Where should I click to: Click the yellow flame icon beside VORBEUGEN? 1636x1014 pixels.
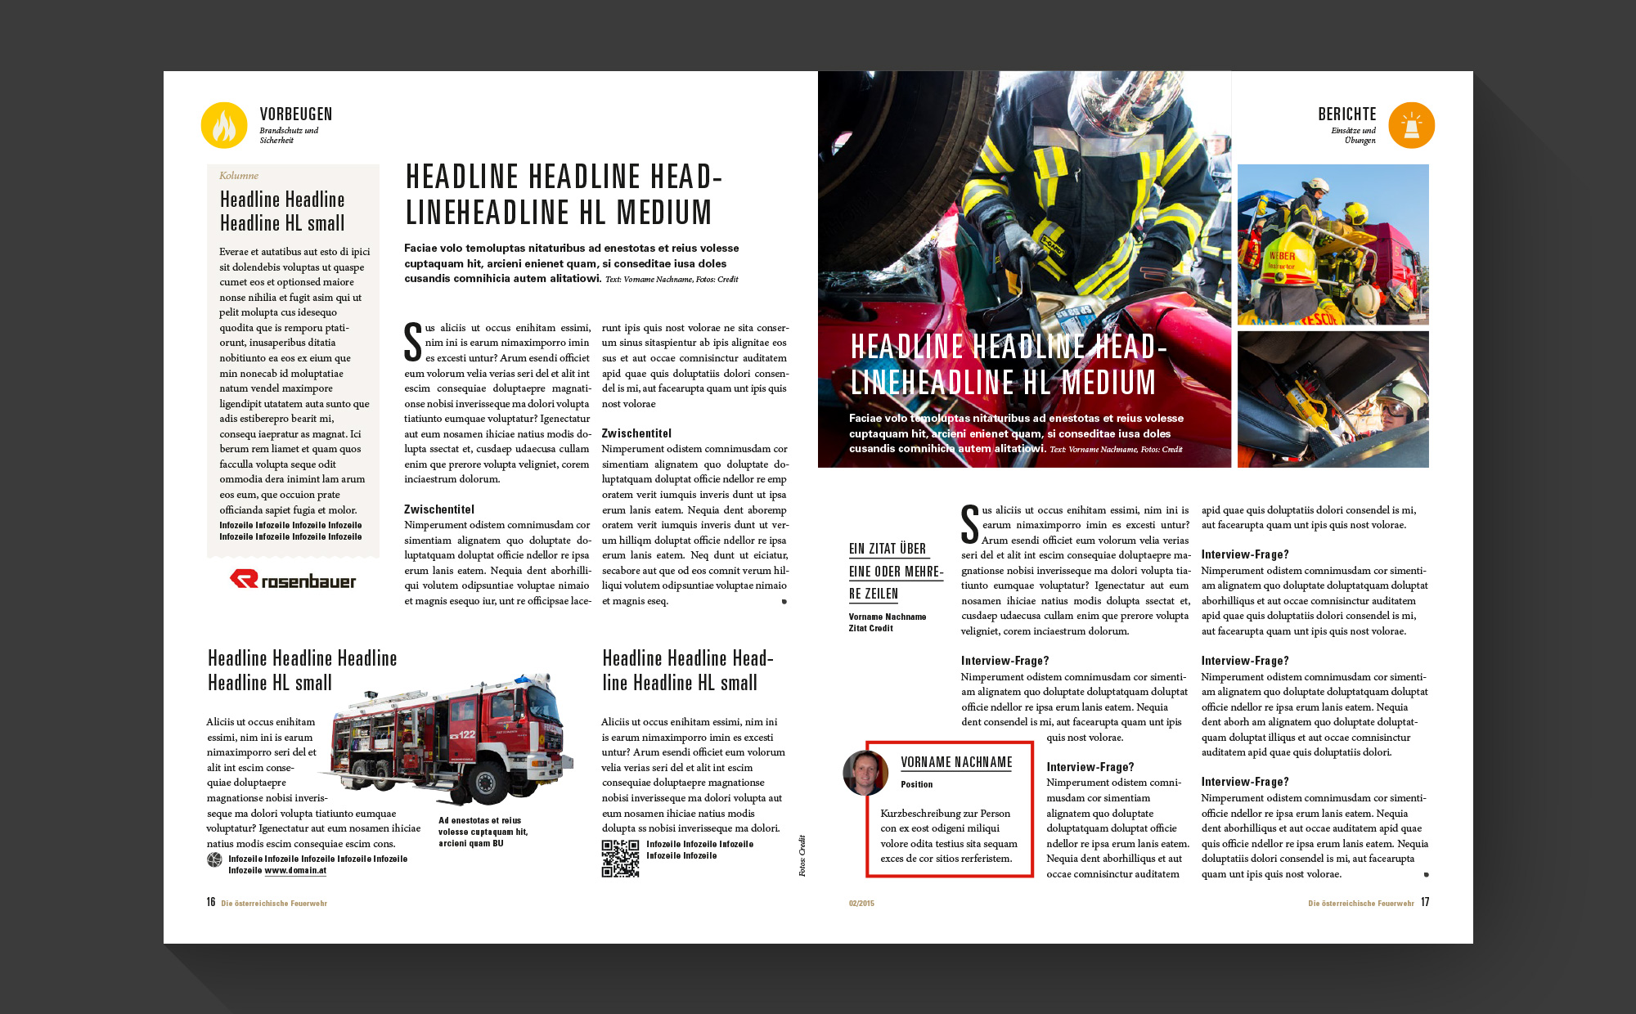click(224, 125)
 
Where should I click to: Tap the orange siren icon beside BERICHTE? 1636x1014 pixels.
click(1411, 125)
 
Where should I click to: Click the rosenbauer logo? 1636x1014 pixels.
click(293, 580)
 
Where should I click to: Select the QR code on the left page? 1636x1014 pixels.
click(620, 858)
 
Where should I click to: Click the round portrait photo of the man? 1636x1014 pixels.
click(865, 773)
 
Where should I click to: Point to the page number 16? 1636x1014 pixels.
click(211, 902)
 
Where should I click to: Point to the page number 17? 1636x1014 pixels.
click(1425, 902)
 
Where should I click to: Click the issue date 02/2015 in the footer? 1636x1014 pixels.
click(861, 904)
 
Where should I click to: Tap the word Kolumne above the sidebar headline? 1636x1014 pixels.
click(239, 176)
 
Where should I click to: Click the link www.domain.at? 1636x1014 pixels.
click(295, 871)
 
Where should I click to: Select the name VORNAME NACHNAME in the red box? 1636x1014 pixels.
click(956, 762)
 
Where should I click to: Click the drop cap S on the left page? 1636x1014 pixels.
click(413, 342)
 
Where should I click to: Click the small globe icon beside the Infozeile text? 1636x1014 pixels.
click(214, 859)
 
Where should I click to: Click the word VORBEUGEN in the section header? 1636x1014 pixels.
click(296, 114)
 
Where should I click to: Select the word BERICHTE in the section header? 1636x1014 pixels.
click(1346, 114)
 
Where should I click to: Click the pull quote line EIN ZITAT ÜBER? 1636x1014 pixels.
click(888, 549)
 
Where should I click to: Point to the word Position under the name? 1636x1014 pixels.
click(916, 784)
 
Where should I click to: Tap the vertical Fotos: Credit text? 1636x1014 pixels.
click(802, 855)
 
